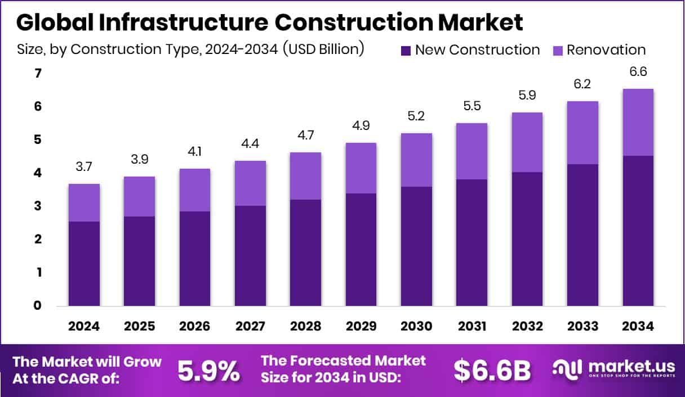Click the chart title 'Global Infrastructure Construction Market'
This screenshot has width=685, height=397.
click(x=270, y=22)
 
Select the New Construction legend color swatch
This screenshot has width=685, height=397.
click(x=406, y=51)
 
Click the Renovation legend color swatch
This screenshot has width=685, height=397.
click(x=557, y=51)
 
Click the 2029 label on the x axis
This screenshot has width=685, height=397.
click(x=361, y=327)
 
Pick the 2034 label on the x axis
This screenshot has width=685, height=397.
click(x=638, y=327)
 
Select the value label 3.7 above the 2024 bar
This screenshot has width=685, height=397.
click(x=84, y=167)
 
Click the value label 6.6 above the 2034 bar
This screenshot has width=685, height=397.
click(x=638, y=72)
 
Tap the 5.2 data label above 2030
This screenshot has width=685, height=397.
click(x=416, y=117)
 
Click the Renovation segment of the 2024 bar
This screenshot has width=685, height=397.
click(x=84, y=202)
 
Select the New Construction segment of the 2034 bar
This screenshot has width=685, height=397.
click(x=638, y=231)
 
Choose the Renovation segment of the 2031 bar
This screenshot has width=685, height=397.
click(x=472, y=151)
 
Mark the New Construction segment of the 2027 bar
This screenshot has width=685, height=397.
click(x=250, y=256)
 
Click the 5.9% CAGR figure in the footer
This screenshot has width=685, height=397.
click(x=208, y=371)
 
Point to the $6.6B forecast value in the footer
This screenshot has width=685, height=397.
click(x=492, y=371)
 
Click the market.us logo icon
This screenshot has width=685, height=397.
click(x=568, y=369)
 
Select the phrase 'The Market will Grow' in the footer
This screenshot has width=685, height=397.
click(x=87, y=362)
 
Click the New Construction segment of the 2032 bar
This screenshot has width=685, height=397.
click(x=527, y=239)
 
